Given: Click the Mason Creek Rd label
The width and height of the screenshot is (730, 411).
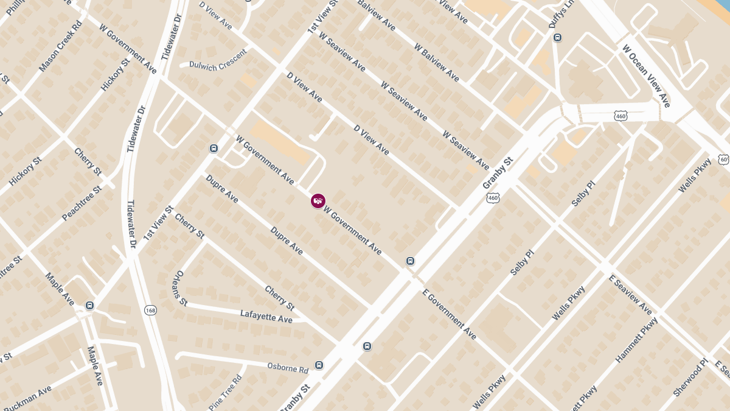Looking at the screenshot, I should point(60,47).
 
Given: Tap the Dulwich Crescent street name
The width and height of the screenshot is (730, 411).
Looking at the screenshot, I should point(218,60).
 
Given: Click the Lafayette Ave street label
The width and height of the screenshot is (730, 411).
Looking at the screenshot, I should point(266,316).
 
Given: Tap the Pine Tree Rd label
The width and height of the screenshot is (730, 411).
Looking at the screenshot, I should point(225,393).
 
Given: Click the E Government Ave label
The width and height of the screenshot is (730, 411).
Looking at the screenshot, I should point(450,314).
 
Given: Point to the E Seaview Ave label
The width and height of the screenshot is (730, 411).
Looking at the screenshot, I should point(630,294).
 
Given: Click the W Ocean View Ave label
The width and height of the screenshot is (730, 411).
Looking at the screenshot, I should point(645,76).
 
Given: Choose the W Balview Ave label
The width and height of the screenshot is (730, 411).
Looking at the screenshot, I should point(436,63).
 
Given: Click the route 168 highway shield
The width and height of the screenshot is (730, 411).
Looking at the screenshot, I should point(150,311).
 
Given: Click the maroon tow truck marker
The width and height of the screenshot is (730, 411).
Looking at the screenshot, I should point(318,200).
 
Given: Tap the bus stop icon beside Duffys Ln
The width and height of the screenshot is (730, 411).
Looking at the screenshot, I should point(557,38).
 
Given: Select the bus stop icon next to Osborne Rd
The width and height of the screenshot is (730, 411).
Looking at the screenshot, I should point(319,365).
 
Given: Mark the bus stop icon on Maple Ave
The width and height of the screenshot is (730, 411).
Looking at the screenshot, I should point(90,305).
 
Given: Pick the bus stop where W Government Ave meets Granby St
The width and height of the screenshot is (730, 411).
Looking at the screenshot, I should point(411,261).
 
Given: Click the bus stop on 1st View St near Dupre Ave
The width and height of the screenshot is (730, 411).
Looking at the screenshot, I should point(214,149).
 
